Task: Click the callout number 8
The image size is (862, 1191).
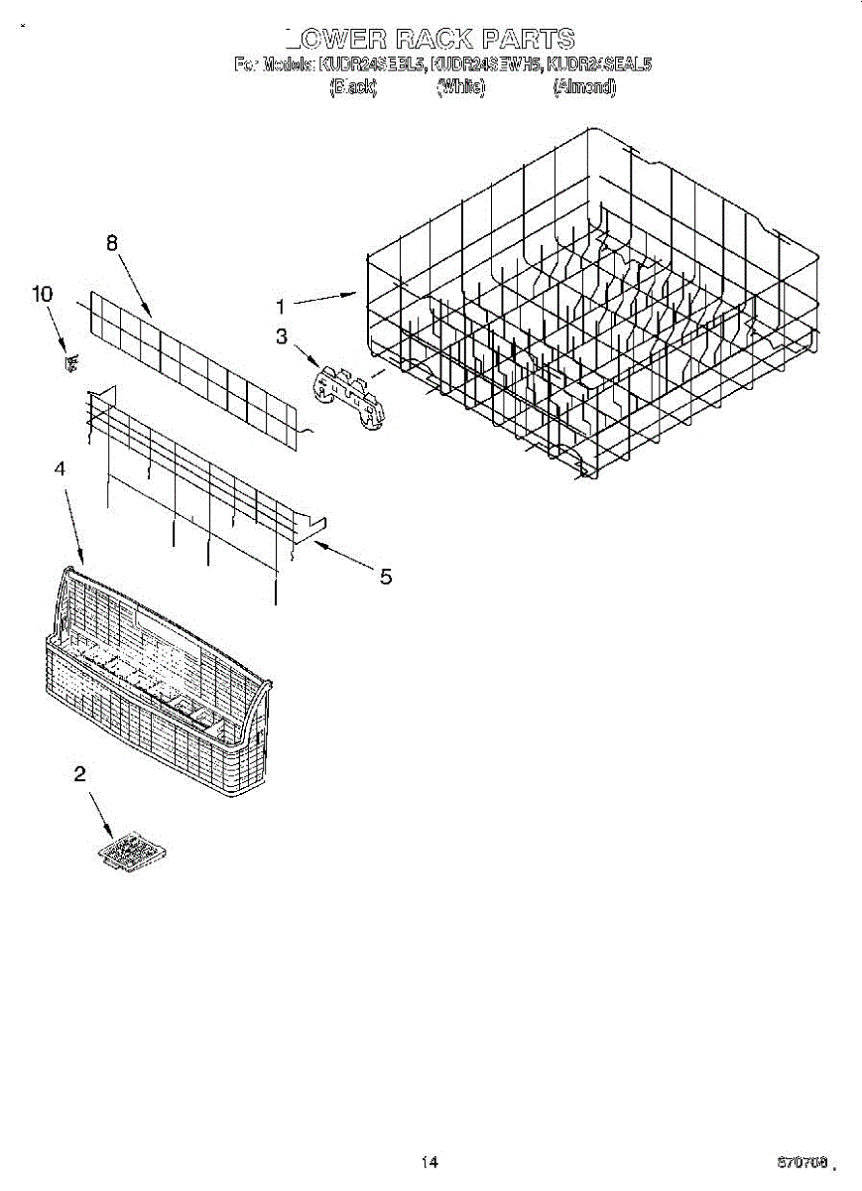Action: [112, 242]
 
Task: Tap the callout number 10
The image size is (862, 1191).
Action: [42, 294]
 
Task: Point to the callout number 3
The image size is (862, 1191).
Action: [282, 337]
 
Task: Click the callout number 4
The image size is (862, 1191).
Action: [60, 468]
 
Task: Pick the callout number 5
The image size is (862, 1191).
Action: [385, 576]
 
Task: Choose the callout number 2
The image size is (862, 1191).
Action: [79, 775]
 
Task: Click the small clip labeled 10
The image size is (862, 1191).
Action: [70, 362]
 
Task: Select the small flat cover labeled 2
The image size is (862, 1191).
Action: [133, 852]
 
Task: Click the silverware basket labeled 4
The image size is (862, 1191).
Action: [159, 685]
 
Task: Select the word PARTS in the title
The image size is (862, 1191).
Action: [530, 40]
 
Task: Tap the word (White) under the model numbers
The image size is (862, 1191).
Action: [461, 87]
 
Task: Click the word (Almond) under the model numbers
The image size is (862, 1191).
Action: [584, 87]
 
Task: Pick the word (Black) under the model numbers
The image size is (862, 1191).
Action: [353, 87]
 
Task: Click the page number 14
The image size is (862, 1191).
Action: [430, 1162]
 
